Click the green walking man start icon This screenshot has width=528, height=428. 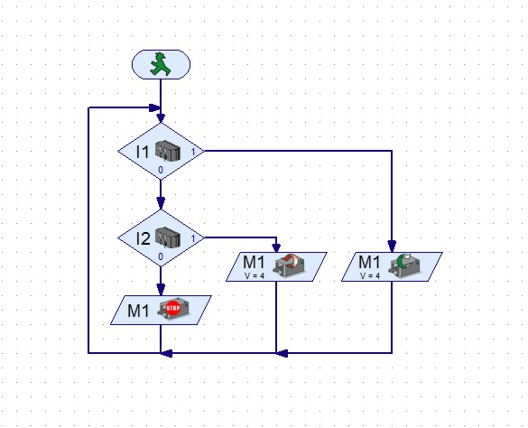click(161, 64)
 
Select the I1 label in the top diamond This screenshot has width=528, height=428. click(142, 152)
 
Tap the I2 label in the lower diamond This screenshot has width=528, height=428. click(143, 238)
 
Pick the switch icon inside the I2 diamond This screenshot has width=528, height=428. click(168, 237)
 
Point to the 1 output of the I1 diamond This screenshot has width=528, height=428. click(193, 153)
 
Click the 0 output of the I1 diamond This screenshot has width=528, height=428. click(161, 170)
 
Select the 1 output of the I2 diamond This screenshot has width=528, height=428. click(193, 239)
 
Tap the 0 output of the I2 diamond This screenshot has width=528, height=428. click(161, 256)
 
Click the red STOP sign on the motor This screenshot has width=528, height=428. click(173, 308)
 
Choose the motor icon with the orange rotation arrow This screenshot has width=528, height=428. click(290, 265)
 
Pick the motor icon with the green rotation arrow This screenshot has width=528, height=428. click(405, 265)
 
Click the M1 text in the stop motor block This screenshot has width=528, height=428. click(138, 311)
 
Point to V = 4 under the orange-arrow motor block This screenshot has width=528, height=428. click(255, 276)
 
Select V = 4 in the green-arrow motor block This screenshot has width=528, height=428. click(370, 276)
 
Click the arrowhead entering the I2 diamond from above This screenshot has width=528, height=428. click(161, 203)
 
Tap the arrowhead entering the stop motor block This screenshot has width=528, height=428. click(161, 290)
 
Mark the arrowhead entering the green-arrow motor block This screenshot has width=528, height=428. click(392, 247)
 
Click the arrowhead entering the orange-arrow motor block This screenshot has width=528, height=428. click(276, 247)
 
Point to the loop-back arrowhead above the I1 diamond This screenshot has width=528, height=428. click(154, 107)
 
